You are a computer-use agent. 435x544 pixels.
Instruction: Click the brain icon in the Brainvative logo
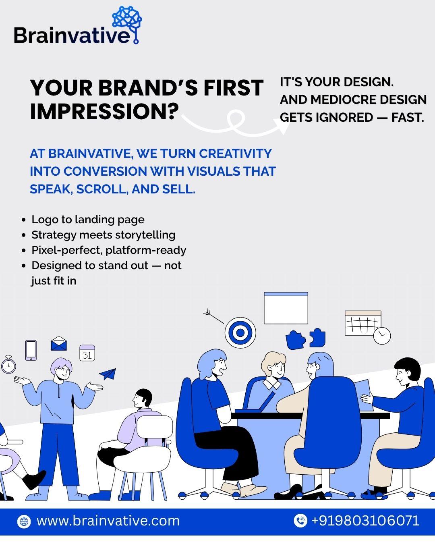pyautogui.click(x=127, y=17)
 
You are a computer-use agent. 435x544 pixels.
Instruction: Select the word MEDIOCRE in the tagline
pyautogui.click(x=343, y=100)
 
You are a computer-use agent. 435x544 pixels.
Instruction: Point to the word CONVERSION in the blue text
pyautogui.click(x=105, y=171)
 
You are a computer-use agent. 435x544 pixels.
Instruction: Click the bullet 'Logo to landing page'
pyautogui.click(x=88, y=220)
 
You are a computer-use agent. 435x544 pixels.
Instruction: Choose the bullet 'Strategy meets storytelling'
pyautogui.click(x=104, y=235)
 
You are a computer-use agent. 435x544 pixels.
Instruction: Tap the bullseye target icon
pyautogui.click(x=240, y=333)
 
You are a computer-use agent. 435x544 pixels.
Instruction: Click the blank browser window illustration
pyautogui.click(x=286, y=308)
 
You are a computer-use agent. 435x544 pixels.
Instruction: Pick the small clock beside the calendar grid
pyautogui.click(x=382, y=336)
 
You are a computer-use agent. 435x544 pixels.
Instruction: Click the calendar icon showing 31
pyautogui.click(x=87, y=353)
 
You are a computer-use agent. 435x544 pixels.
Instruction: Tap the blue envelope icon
pyautogui.click(x=59, y=343)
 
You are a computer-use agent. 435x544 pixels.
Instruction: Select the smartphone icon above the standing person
pyautogui.click(x=31, y=350)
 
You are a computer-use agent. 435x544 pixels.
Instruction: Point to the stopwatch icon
pyautogui.click(x=8, y=364)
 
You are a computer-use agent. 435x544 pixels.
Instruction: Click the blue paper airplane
pyautogui.click(x=108, y=374)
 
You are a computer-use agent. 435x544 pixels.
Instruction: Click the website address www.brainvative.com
pyautogui.click(x=108, y=521)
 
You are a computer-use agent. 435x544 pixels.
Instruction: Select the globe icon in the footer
pyautogui.click(x=24, y=521)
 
